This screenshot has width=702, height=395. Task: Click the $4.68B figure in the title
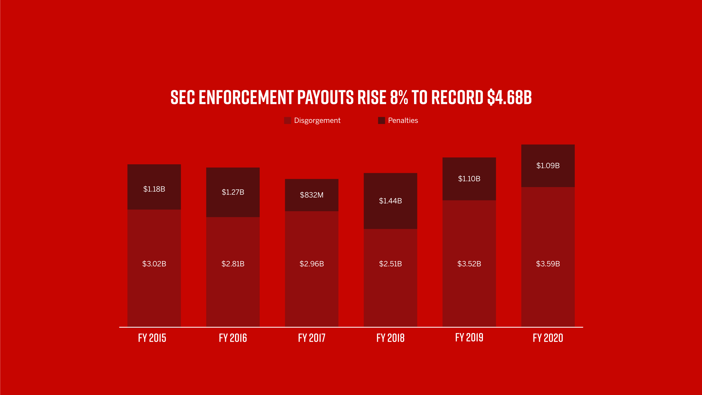point(509,97)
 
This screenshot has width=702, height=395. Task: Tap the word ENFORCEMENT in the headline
point(246,97)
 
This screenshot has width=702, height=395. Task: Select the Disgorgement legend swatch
point(287,120)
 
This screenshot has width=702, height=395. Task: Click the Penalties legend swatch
point(381,120)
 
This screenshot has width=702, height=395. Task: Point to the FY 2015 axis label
point(152,338)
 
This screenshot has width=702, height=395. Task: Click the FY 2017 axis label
point(312,338)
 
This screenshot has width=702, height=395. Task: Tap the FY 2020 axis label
point(548,338)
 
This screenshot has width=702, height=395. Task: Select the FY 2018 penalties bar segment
point(390,214)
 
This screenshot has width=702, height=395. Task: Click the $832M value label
point(312,195)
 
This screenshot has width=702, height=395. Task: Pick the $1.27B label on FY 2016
point(233,192)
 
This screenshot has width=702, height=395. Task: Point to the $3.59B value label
point(548,264)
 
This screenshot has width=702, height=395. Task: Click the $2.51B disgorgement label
point(390,264)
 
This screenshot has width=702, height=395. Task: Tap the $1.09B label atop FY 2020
point(548,165)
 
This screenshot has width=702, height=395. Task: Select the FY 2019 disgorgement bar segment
point(469,288)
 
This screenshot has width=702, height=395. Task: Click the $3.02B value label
point(154,264)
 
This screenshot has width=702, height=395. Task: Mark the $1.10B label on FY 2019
point(469,179)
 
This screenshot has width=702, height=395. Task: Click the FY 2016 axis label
point(233,338)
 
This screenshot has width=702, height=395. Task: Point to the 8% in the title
point(399,97)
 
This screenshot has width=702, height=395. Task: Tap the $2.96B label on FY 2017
point(312,264)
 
